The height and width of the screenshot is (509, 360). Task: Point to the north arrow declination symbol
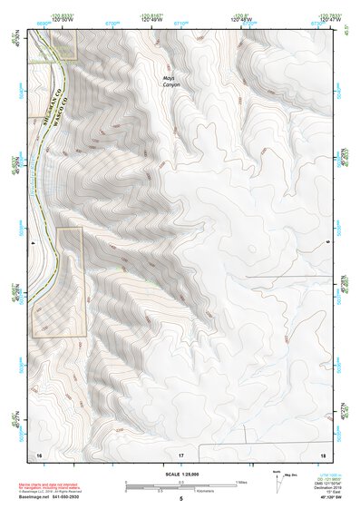(x=277, y=477)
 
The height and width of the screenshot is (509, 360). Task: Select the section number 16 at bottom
(x=39, y=453)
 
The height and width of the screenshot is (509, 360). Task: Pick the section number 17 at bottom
(x=180, y=453)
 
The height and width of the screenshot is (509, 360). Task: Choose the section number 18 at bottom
(x=322, y=453)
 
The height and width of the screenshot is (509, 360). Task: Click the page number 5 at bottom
(x=180, y=499)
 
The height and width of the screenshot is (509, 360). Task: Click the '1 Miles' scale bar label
(x=239, y=481)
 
